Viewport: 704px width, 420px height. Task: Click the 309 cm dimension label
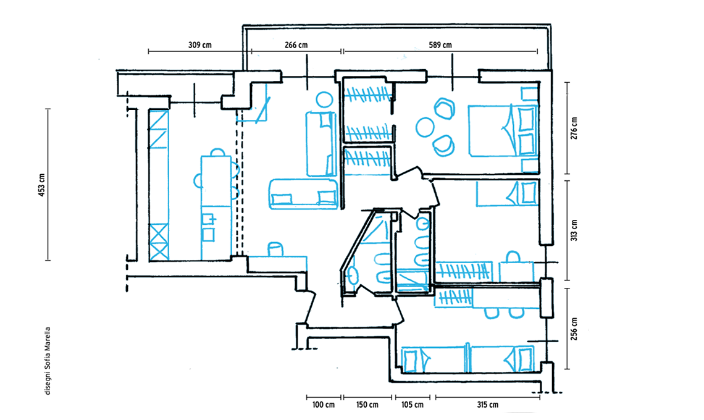point(200,45)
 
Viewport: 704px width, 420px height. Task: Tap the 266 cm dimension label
point(296,45)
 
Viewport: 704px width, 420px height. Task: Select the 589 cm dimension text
point(440,45)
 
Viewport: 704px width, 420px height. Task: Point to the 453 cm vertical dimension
point(42,185)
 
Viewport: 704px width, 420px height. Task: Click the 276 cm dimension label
point(574,128)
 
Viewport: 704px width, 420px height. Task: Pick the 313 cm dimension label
point(574,230)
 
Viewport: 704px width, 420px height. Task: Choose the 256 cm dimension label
point(574,329)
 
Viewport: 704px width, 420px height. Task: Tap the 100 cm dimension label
point(323,405)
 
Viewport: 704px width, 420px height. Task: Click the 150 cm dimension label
point(367,405)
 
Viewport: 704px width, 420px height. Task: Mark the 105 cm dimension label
point(412,405)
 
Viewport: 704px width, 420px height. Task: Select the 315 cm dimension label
point(488,405)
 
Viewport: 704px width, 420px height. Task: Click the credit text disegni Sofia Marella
point(48,361)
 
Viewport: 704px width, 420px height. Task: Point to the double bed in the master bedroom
point(503,131)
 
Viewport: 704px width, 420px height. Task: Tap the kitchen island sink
point(208,219)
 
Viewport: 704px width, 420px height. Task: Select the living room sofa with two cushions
point(303,194)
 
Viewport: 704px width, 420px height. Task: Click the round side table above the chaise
point(324,99)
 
